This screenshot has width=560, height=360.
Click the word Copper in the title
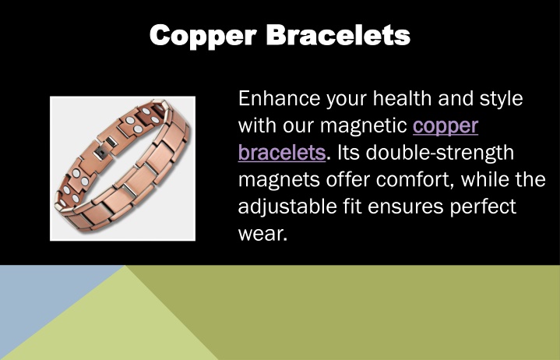point(203,36)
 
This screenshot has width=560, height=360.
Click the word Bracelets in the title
point(339,35)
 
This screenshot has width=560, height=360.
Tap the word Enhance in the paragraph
point(279,98)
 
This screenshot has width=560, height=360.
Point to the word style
point(501,99)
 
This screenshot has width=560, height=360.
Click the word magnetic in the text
point(364,126)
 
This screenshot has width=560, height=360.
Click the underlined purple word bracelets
point(282,153)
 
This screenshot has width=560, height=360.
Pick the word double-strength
point(439,154)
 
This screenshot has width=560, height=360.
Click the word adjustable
point(287,207)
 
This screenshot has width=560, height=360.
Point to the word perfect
point(483,207)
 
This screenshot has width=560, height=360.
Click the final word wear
point(262,235)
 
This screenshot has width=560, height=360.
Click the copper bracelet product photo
point(122,168)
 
